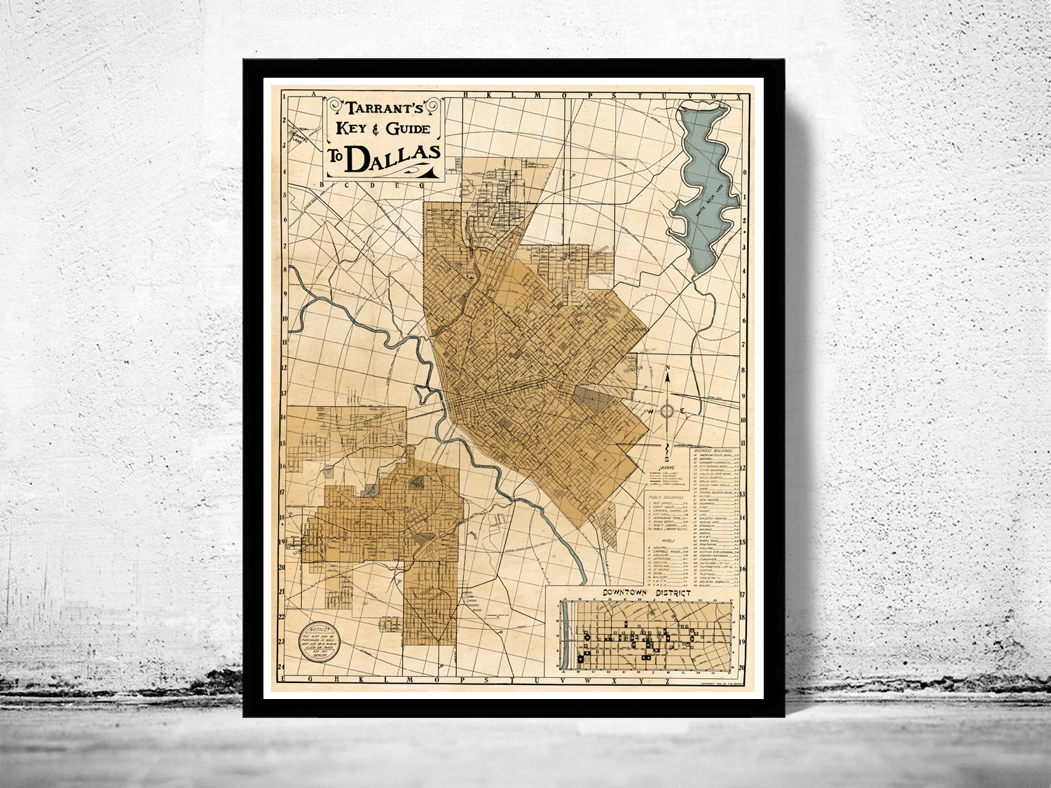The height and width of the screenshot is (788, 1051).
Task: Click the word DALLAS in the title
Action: (393, 158)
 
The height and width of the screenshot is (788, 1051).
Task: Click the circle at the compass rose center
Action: (668, 411)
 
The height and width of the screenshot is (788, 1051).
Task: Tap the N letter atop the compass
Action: (668, 369)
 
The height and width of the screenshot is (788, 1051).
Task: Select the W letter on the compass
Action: (650, 412)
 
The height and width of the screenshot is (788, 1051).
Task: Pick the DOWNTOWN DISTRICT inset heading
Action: (646, 593)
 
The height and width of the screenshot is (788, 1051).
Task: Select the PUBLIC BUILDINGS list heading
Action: (666, 497)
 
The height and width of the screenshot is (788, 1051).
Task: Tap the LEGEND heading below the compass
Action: (666, 466)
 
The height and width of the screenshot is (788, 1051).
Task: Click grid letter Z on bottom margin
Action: (668, 679)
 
